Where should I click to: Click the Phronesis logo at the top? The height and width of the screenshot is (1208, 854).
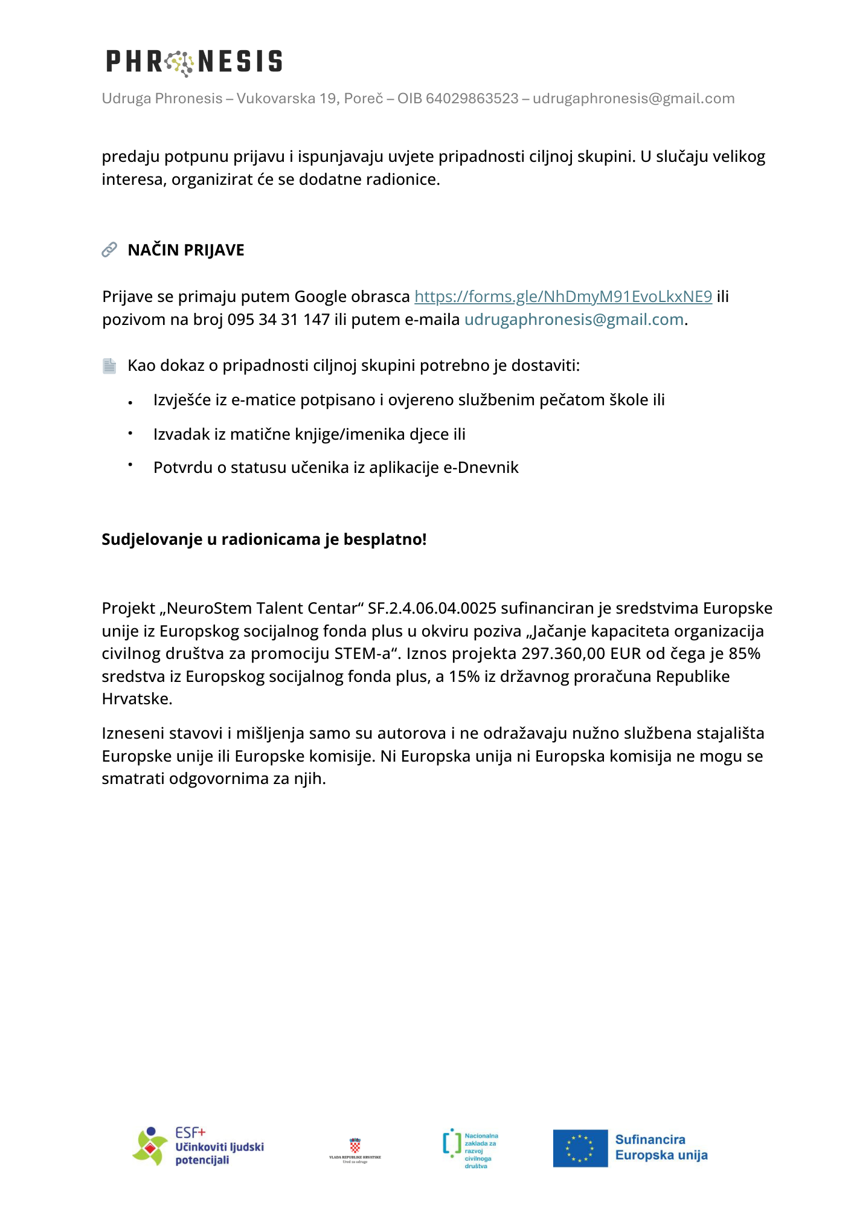click(x=194, y=62)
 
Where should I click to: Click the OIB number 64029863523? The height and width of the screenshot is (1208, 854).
click(x=472, y=98)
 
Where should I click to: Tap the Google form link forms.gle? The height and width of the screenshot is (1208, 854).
click(x=563, y=297)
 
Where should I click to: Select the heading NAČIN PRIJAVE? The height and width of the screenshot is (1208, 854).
click(x=186, y=250)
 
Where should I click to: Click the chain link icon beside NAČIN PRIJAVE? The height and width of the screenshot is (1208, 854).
click(x=109, y=249)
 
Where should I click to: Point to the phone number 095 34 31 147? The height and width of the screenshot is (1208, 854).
click(x=278, y=320)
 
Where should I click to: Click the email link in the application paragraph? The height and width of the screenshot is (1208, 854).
click(x=574, y=320)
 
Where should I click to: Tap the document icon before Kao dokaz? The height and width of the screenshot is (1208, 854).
click(x=109, y=366)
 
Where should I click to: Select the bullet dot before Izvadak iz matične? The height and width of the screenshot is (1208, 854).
click(x=130, y=432)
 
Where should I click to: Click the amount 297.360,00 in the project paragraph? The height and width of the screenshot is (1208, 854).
click(x=563, y=654)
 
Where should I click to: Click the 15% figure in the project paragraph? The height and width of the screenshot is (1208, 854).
click(x=464, y=676)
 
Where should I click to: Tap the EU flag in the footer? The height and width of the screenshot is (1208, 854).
click(x=580, y=1148)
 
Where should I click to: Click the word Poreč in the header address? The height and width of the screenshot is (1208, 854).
click(x=364, y=98)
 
